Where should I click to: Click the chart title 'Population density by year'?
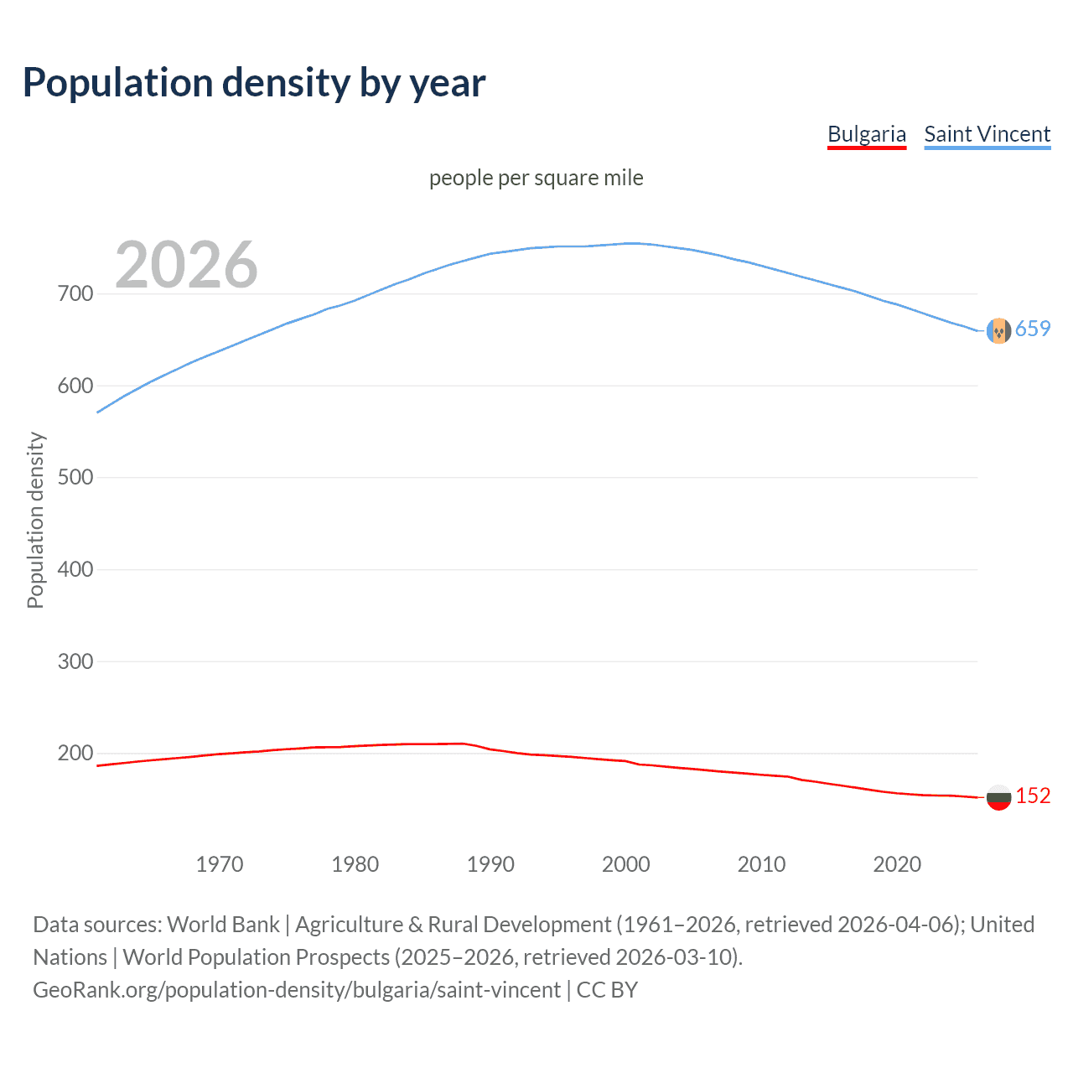pyautogui.click(x=254, y=83)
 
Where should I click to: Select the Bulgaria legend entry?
pyautogui.click(x=866, y=134)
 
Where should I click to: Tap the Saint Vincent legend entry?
pyautogui.click(x=987, y=134)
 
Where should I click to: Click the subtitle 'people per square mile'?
pyautogui.click(x=536, y=178)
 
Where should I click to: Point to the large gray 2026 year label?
pyautogui.click(x=186, y=265)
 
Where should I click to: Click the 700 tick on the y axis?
pyautogui.click(x=75, y=294)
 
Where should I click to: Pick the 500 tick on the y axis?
pyautogui.click(x=75, y=478)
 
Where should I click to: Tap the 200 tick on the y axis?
pyautogui.click(x=75, y=754)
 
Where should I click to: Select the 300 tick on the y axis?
pyautogui.click(x=75, y=661)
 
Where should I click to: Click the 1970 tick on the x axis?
pyautogui.click(x=220, y=864)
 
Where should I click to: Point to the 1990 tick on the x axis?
pyautogui.click(x=490, y=864)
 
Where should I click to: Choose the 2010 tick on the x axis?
pyautogui.click(x=761, y=864)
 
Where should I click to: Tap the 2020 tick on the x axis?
pyautogui.click(x=897, y=864)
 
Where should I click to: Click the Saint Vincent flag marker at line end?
pyautogui.click(x=998, y=331)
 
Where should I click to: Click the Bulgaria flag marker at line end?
pyautogui.click(x=998, y=797)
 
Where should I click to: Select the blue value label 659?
pyautogui.click(x=1033, y=329)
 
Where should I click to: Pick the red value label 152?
pyautogui.click(x=1033, y=796)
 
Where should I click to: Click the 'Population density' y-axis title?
pyautogui.click(x=35, y=520)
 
